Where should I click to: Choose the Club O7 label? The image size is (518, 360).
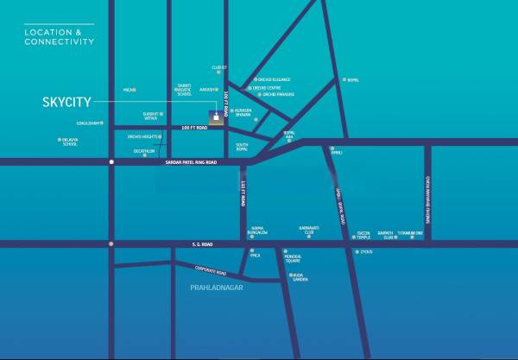click(x=218, y=67)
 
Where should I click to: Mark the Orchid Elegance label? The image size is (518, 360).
click(x=274, y=79)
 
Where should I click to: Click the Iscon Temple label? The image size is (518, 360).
click(x=363, y=235)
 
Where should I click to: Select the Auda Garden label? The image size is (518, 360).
click(x=300, y=279)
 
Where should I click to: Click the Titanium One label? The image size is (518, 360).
click(x=411, y=233)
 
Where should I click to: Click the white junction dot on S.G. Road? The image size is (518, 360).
click(x=111, y=244)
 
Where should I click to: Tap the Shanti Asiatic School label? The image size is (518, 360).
click(x=183, y=90)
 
